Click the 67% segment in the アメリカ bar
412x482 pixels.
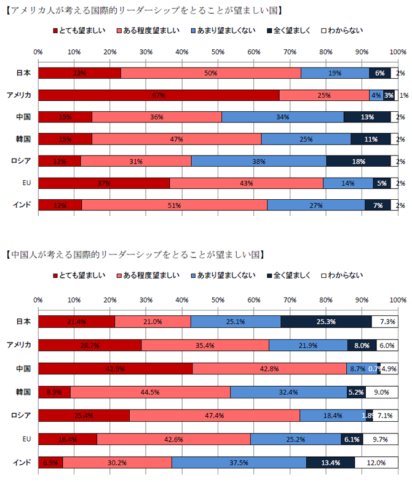[159, 95]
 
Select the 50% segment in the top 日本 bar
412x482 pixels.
[211, 73]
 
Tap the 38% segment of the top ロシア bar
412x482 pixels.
[259, 161]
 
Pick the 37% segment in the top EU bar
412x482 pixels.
[104, 183]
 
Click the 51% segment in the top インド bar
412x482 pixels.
[174, 205]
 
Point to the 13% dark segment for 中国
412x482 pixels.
[367, 117]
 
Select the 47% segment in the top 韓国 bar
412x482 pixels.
[176, 139]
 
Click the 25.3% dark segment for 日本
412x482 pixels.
[326, 322]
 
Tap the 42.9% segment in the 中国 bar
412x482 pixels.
[115, 368]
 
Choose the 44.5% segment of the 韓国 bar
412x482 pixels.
[150, 392]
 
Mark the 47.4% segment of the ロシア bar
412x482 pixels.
[215, 415]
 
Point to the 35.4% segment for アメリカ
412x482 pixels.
[205, 345]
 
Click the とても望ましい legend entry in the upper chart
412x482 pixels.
[78, 30]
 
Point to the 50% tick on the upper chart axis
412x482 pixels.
[218, 51]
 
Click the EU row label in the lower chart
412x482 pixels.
[27, 439]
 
